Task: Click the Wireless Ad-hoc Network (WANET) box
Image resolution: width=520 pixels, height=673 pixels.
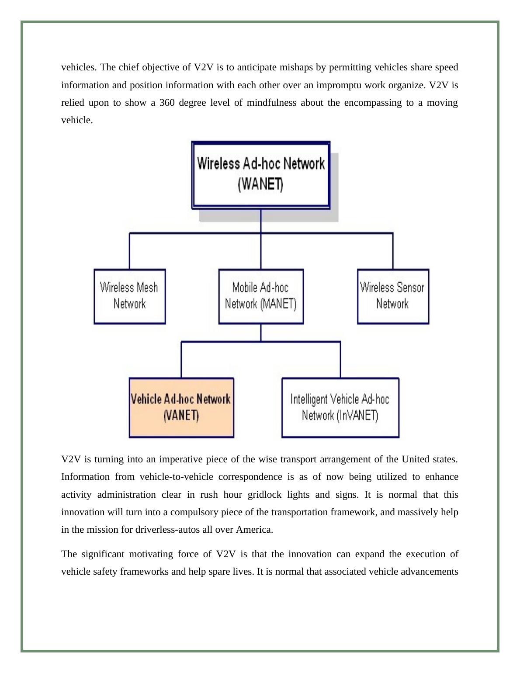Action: click(x=261, y=175)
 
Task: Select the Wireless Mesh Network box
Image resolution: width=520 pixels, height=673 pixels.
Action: click(x=129, y=296)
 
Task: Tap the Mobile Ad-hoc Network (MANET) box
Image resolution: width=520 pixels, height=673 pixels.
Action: click(x=261, y=296)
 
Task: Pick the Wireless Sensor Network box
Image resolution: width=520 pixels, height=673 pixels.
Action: click(x=393, y=296)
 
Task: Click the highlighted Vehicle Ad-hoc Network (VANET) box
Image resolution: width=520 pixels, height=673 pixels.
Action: click(x=181, y=407)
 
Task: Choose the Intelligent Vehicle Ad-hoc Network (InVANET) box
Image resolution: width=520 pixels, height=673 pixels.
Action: click(x=340, y=407)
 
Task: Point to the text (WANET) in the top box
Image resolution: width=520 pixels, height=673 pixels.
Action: click(x=261, y=185)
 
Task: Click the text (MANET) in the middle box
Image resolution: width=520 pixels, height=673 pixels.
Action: click(x=278, y=304)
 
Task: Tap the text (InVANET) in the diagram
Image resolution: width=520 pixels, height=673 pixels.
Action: click(x=357, y=415)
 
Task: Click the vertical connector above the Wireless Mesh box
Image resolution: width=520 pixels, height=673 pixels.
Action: click(x=129, y=251)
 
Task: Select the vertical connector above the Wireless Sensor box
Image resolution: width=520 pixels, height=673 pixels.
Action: click(x=393, y=251)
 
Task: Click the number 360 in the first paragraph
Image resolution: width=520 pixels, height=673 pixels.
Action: click(x=167, y=103)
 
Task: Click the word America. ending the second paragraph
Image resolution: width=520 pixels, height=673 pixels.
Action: click(x=254, y=530)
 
